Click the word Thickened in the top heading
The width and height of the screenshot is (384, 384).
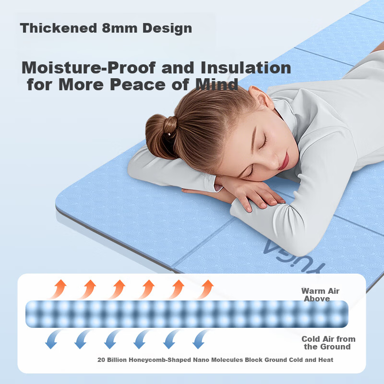tap(59, 28)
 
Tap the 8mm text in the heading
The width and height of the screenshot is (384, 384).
tap(120, 28)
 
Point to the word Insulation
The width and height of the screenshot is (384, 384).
tap(246, 67)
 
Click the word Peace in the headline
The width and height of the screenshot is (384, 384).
tap(138, 84)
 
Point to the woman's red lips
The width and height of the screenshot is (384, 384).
tap(284, 161)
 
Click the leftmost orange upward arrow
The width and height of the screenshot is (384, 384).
tap(58, 289)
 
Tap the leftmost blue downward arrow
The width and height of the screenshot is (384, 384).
tap(53, 339)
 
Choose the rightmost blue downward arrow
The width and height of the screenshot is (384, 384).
tap(200, 339)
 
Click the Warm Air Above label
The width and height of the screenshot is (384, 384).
tap(320, 295)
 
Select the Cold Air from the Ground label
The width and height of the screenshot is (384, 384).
tap(328, 343)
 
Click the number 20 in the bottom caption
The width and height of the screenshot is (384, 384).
tap(101, 360)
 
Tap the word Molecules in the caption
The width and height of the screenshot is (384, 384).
tap(227, 360)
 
